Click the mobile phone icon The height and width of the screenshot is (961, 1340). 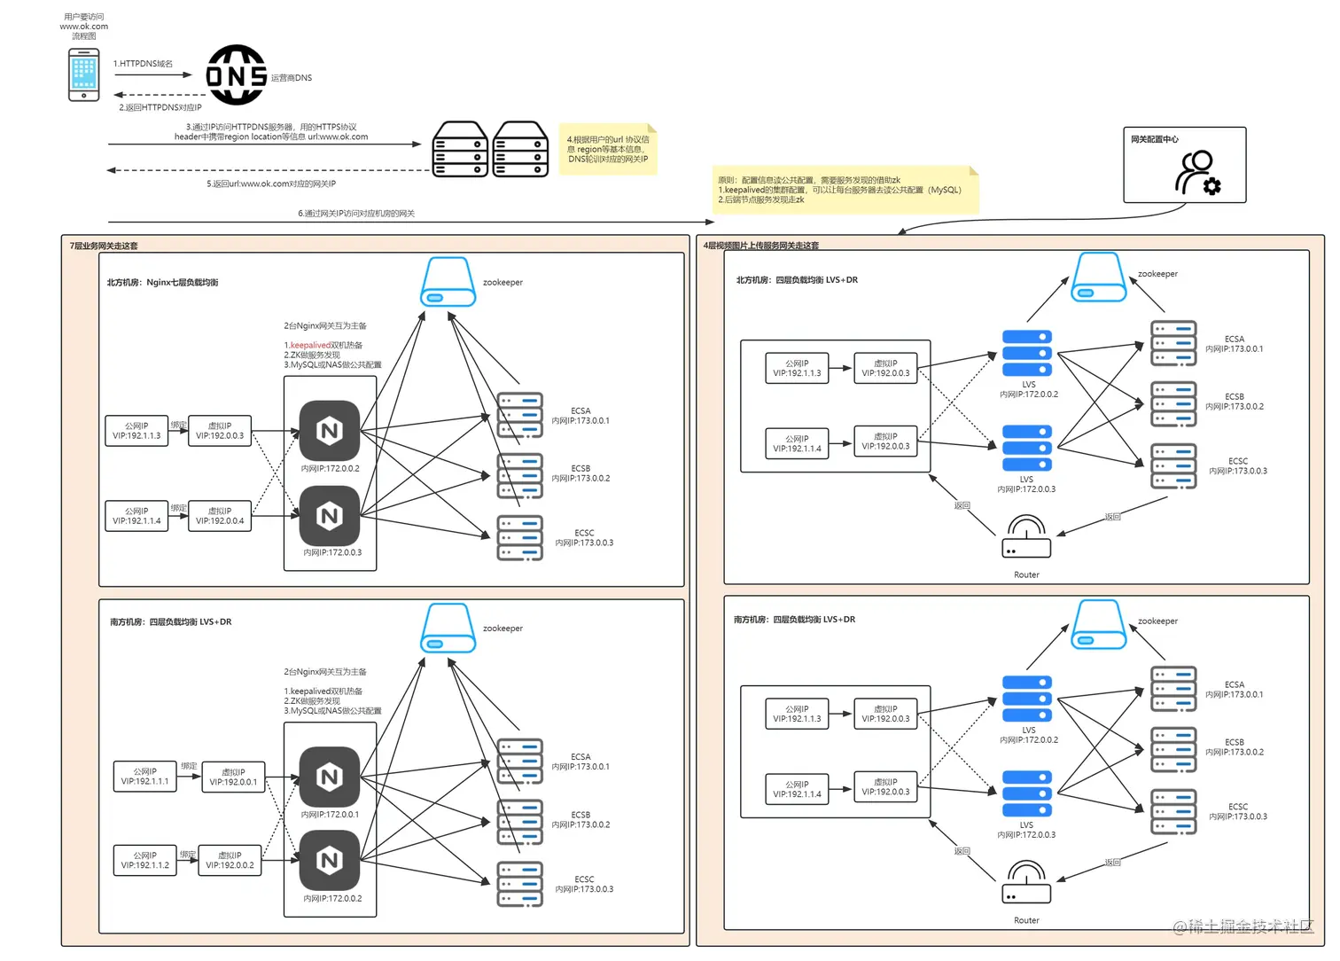tap(84, 74)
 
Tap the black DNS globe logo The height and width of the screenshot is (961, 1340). tap(236, 75)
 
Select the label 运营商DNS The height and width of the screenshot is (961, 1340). tap(292, 78)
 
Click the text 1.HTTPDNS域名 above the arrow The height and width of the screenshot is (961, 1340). tap(143, 64)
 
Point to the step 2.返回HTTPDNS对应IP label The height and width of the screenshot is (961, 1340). tap(160, 107)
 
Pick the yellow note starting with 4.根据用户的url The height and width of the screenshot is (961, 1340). tap(608, 149)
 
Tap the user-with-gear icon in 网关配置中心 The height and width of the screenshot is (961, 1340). tap(1197, 173)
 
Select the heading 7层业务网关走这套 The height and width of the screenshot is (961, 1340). tap(104, 246)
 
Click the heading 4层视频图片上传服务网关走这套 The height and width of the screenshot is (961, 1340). tap(761, 246)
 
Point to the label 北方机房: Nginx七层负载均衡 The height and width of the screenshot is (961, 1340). tap(162, 283)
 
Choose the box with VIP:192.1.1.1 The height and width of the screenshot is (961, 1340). tap(145, 777)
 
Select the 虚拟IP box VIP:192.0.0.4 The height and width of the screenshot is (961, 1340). tap(220, 516)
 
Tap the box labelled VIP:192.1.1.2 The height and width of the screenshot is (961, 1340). tap(144, 860)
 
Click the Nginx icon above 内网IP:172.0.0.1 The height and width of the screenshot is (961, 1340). tap(330, 777)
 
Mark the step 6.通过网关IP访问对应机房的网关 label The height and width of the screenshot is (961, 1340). tap(356, 214)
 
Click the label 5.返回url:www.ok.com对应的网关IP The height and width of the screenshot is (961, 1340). tap(271, 184)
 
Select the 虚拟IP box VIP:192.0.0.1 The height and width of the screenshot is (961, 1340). tap(233, 777)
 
